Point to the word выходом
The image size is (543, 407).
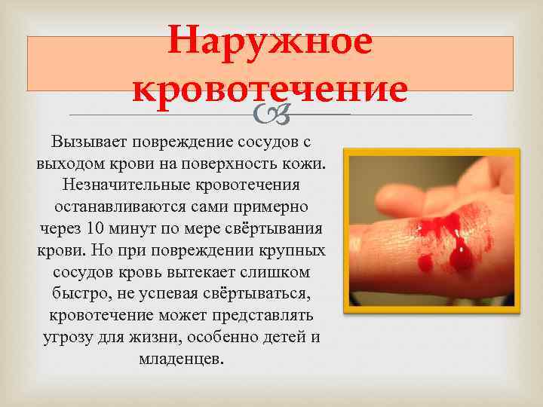[67, 164]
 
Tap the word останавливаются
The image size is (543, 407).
[125, 207]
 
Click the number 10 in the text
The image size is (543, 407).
[92, 228]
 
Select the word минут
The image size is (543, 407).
[130, 228]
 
